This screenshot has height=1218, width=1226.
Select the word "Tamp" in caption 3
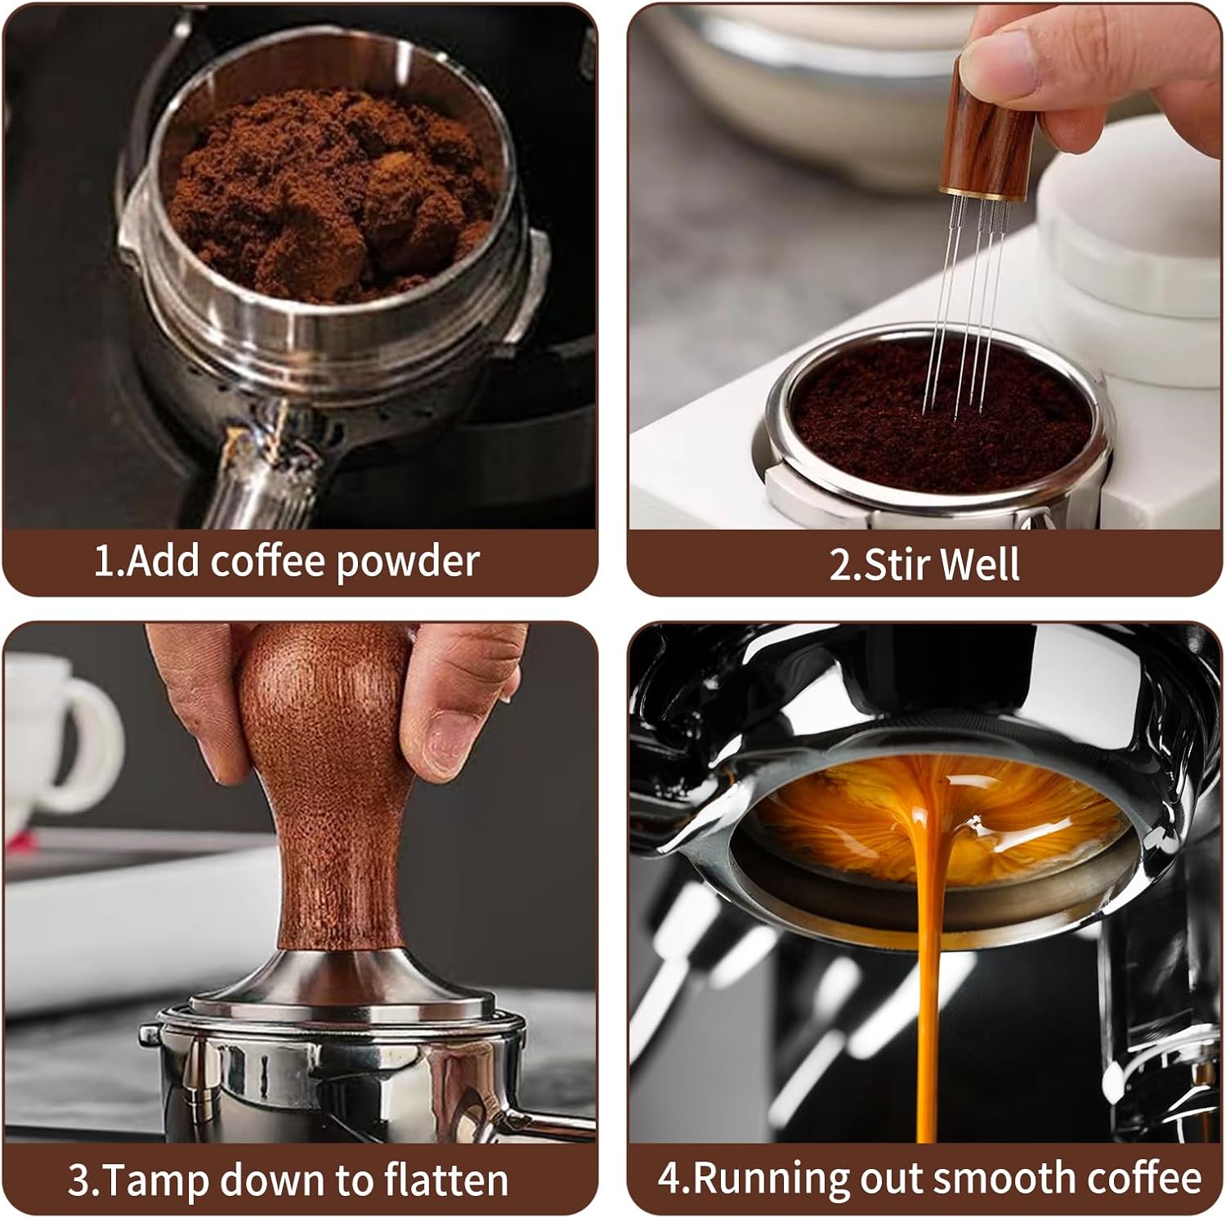pyautogui.click(x=154, y=1180)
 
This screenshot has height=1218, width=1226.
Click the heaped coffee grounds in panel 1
pyautogui.click(x=327, y=188)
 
